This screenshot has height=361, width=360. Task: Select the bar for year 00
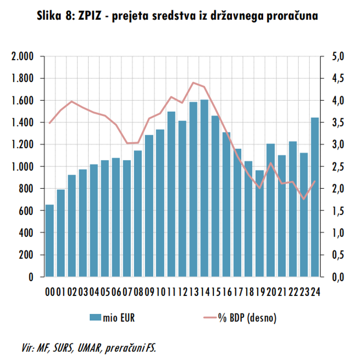50,241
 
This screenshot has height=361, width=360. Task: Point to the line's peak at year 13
193,82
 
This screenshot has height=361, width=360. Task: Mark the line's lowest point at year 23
304,199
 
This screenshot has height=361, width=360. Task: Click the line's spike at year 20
271,163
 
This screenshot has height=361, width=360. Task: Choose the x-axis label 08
138,292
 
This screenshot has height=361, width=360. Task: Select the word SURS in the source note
62,348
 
